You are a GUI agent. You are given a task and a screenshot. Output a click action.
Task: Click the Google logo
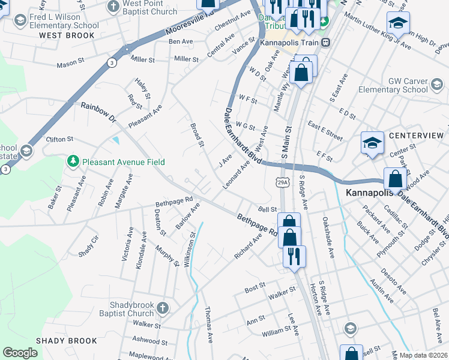[20, 353]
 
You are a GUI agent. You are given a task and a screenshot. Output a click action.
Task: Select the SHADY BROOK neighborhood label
[66, 341]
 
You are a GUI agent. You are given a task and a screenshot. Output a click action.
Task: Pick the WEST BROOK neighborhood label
[67, 35]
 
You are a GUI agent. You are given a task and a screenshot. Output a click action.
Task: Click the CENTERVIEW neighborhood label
[416, 136]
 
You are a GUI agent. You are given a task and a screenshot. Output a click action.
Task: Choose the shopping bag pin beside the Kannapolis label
[396, 178]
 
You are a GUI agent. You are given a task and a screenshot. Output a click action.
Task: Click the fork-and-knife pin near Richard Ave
[294, 256]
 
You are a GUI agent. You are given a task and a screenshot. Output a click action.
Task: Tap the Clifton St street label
[59, 139]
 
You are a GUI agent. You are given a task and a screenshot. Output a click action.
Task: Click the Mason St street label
[71, 64]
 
